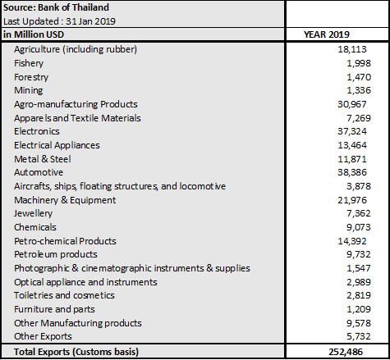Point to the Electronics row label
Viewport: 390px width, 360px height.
[x=37, y=131]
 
